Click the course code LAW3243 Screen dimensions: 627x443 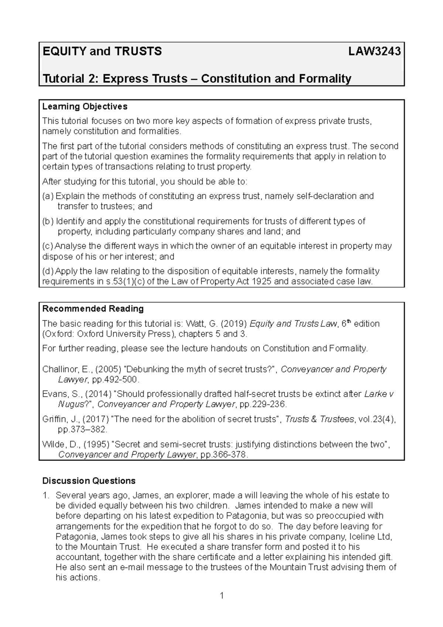pos(375,51)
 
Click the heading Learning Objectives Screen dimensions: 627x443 pos(85,106)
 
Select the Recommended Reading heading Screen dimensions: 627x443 pos(93,309)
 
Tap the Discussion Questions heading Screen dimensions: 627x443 pos(89,481)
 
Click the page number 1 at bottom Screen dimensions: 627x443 pos(222,595)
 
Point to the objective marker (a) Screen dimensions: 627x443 pos(48,196)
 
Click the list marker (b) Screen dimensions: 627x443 pos(48,221)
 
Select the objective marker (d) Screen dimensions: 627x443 pos(48,271)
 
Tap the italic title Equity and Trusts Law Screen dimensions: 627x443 pos(293,324)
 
